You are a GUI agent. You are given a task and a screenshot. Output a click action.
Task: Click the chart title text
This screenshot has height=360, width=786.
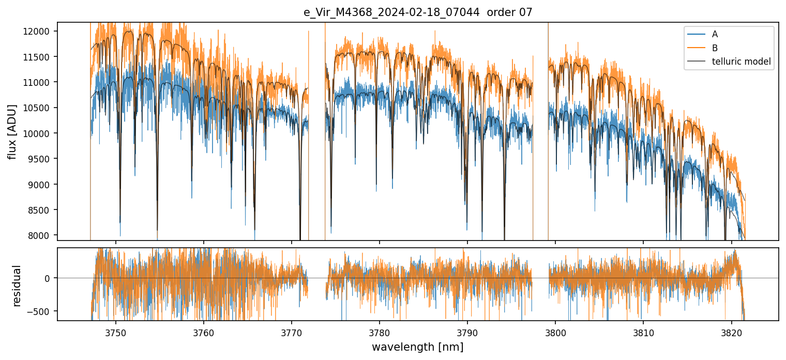point(418,12)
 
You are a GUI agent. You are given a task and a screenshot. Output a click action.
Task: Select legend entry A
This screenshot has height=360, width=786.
point(715,35)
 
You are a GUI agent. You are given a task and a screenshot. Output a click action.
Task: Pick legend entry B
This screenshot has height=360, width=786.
point(715,48)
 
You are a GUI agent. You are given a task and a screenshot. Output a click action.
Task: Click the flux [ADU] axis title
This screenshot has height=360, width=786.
point(12,131)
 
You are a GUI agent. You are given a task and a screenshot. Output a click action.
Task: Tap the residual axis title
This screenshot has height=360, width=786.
point(17,286)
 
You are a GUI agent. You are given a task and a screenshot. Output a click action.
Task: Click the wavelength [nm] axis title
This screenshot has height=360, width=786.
point(418,347)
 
